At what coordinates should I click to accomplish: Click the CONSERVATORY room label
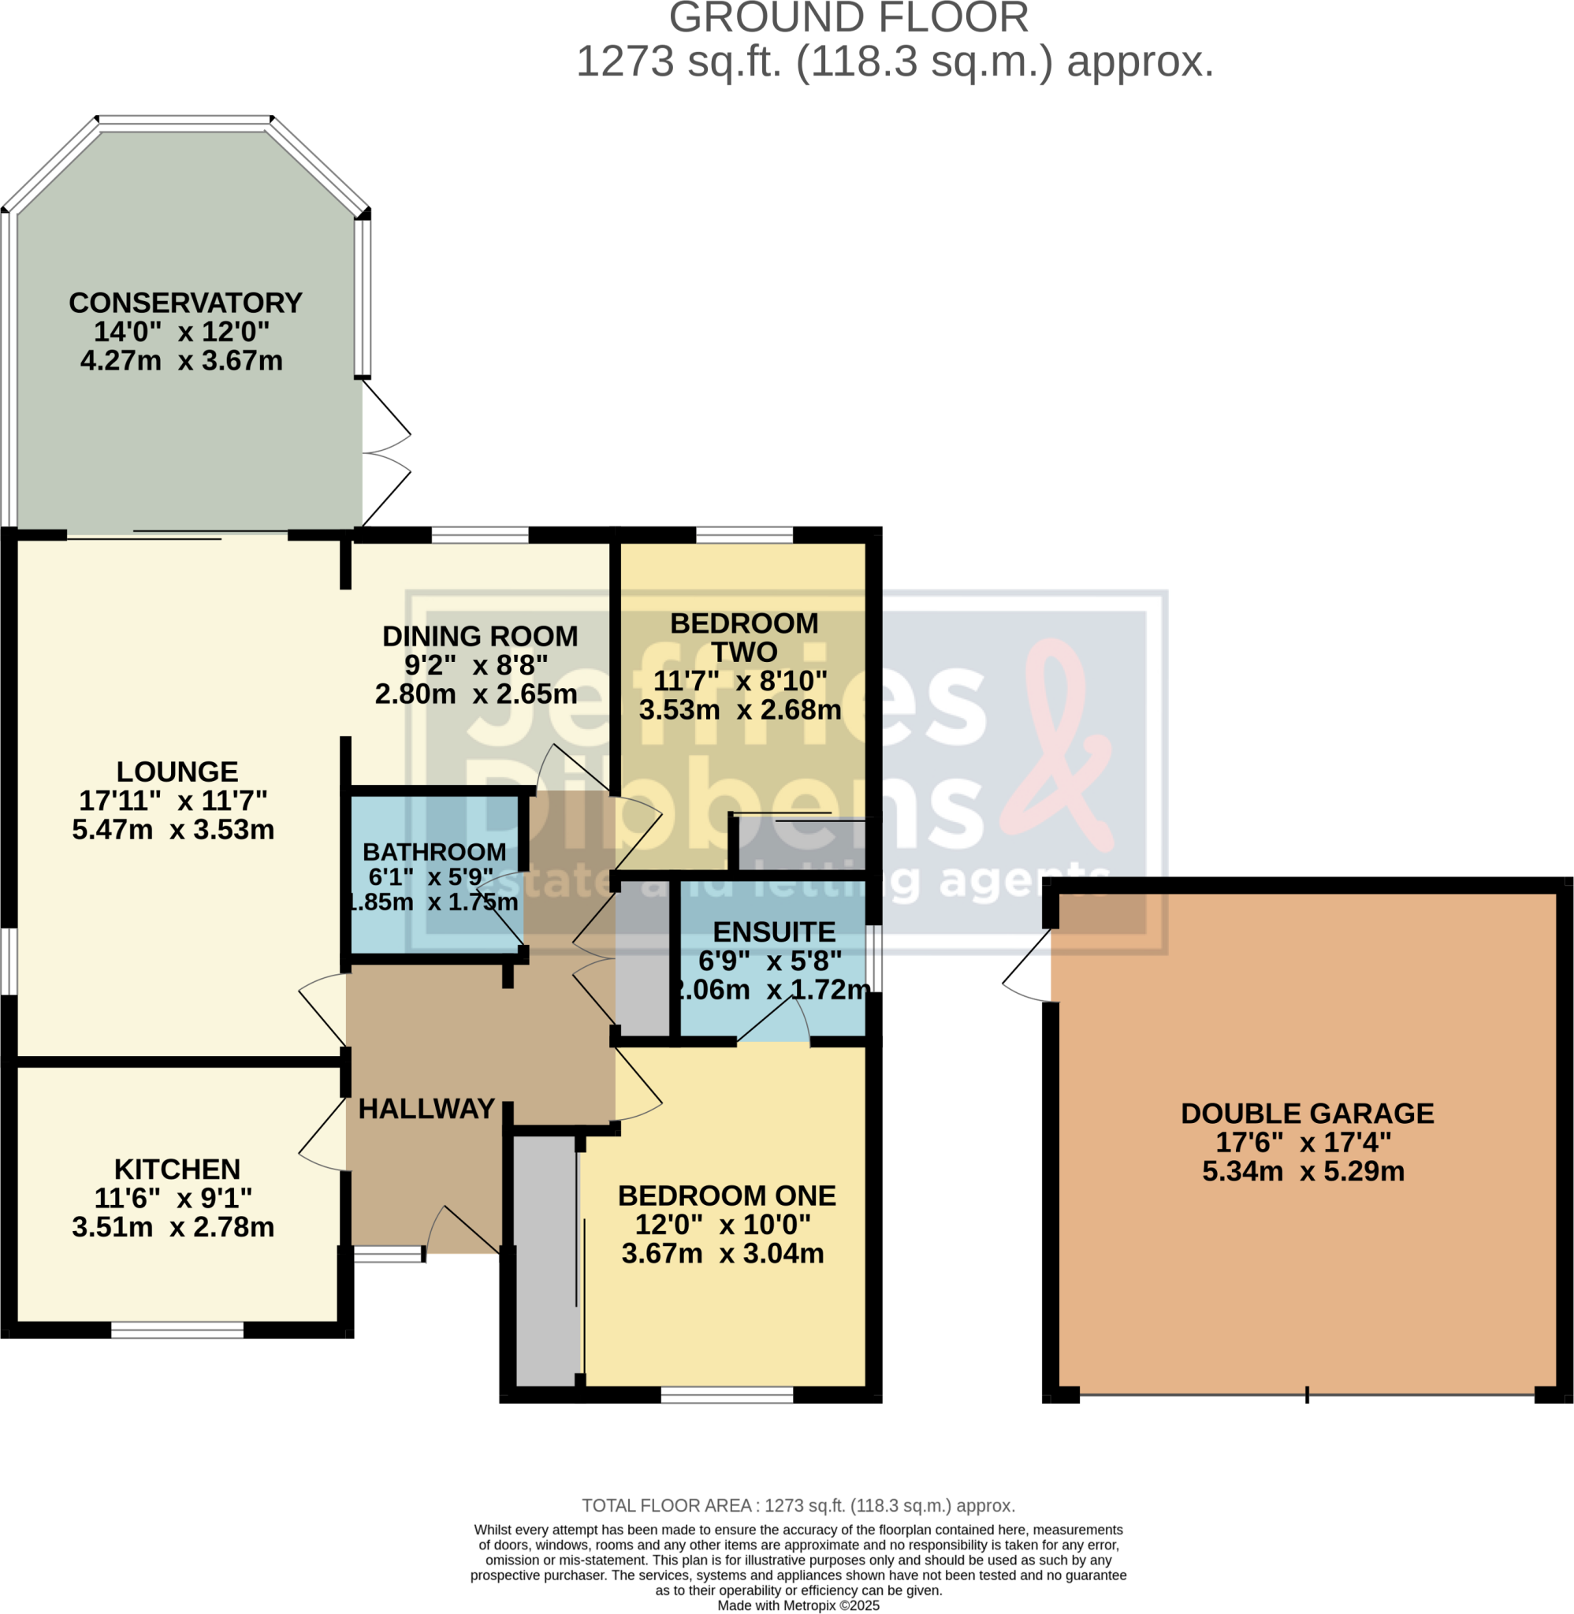[x=185, y=303]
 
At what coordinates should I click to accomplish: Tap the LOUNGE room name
[x=177, y=772]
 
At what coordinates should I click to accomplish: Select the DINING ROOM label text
[x=479, y=636]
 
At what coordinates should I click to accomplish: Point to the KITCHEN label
[x=177, y=1170]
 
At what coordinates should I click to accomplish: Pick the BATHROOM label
[x=434, y=852]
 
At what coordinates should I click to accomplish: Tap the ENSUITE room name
[x=774, y=932]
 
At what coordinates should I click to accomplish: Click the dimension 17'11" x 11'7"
[x=173, y=801]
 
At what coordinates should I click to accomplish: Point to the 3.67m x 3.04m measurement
[x=723, y=1254]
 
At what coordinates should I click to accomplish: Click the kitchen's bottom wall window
[x=177, y=1330]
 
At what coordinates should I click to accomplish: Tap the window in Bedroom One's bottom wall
[x=727, y=1396]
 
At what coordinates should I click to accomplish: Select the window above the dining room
[x=479, y=534]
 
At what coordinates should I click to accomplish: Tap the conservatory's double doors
[x=385, y=453]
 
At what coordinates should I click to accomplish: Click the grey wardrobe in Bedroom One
[x=545, y=1259]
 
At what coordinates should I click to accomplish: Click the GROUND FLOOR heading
[x=848, y=18]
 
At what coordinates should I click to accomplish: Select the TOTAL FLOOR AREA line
[x=798, y=1506]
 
